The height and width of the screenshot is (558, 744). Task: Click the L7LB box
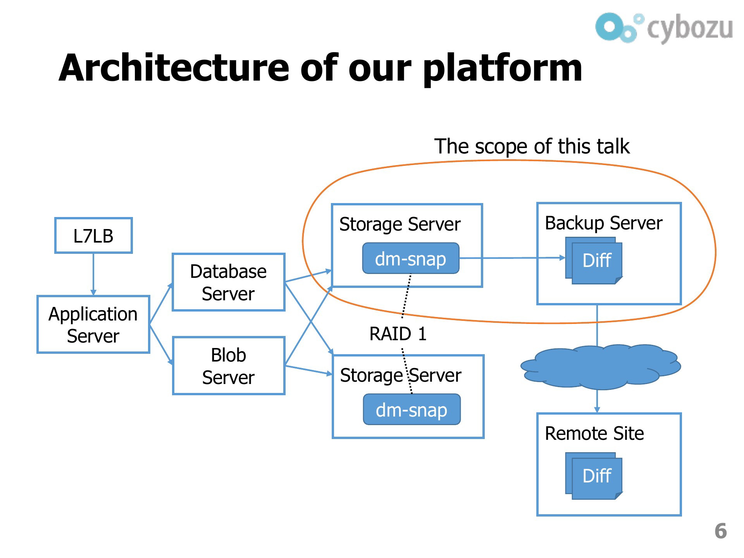click(x=93, y=235)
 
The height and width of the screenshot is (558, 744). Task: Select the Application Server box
click(x=93, y=324)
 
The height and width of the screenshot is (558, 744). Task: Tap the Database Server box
click(x=229, y=282)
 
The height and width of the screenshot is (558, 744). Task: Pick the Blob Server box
click(x=229, y=366)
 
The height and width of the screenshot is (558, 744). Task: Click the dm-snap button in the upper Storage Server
click(x=411, y=258)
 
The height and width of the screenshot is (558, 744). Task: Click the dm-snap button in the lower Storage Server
click(x=412, y=410)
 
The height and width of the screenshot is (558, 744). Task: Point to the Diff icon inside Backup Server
click(x=594, y=260)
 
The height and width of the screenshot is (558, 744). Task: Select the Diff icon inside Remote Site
click(x=594, y=476)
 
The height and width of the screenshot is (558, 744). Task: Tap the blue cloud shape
click(x=601, y=367)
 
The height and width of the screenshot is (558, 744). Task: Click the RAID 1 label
click(x=398, y=334)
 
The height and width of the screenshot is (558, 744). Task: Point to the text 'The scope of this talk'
click(x=532, y=146)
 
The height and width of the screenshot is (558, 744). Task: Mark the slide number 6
click(x=720, y=531)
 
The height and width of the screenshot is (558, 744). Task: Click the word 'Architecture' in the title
click(x=174, y=68)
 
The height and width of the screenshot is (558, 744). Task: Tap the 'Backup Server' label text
click(x=603, y=224)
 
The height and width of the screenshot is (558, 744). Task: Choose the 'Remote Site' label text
click(x=594, y=433)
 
